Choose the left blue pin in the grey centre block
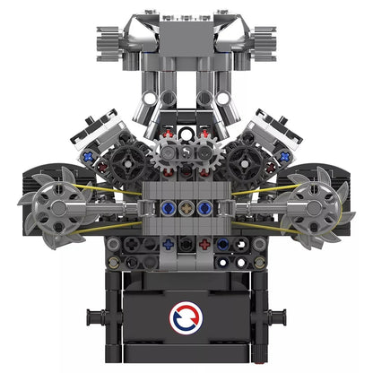pyautogui.click(x=170, y=208)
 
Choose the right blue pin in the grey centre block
pyautogui.click(x=205, y=208)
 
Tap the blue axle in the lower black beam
pyautogui.click(x=168, y=244)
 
